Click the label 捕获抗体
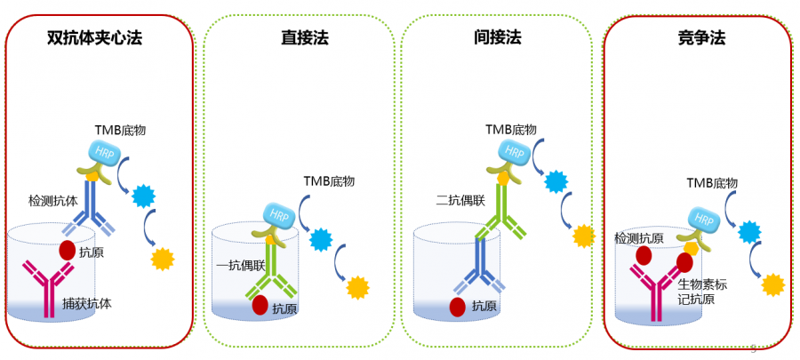tap(86, 302)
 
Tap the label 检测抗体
tap(54, 201)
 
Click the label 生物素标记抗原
tap(702, 292)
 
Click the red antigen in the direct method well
tap(260, 305)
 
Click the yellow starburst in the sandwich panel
tap(163, 259)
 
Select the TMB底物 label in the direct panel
tap(329, 181)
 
